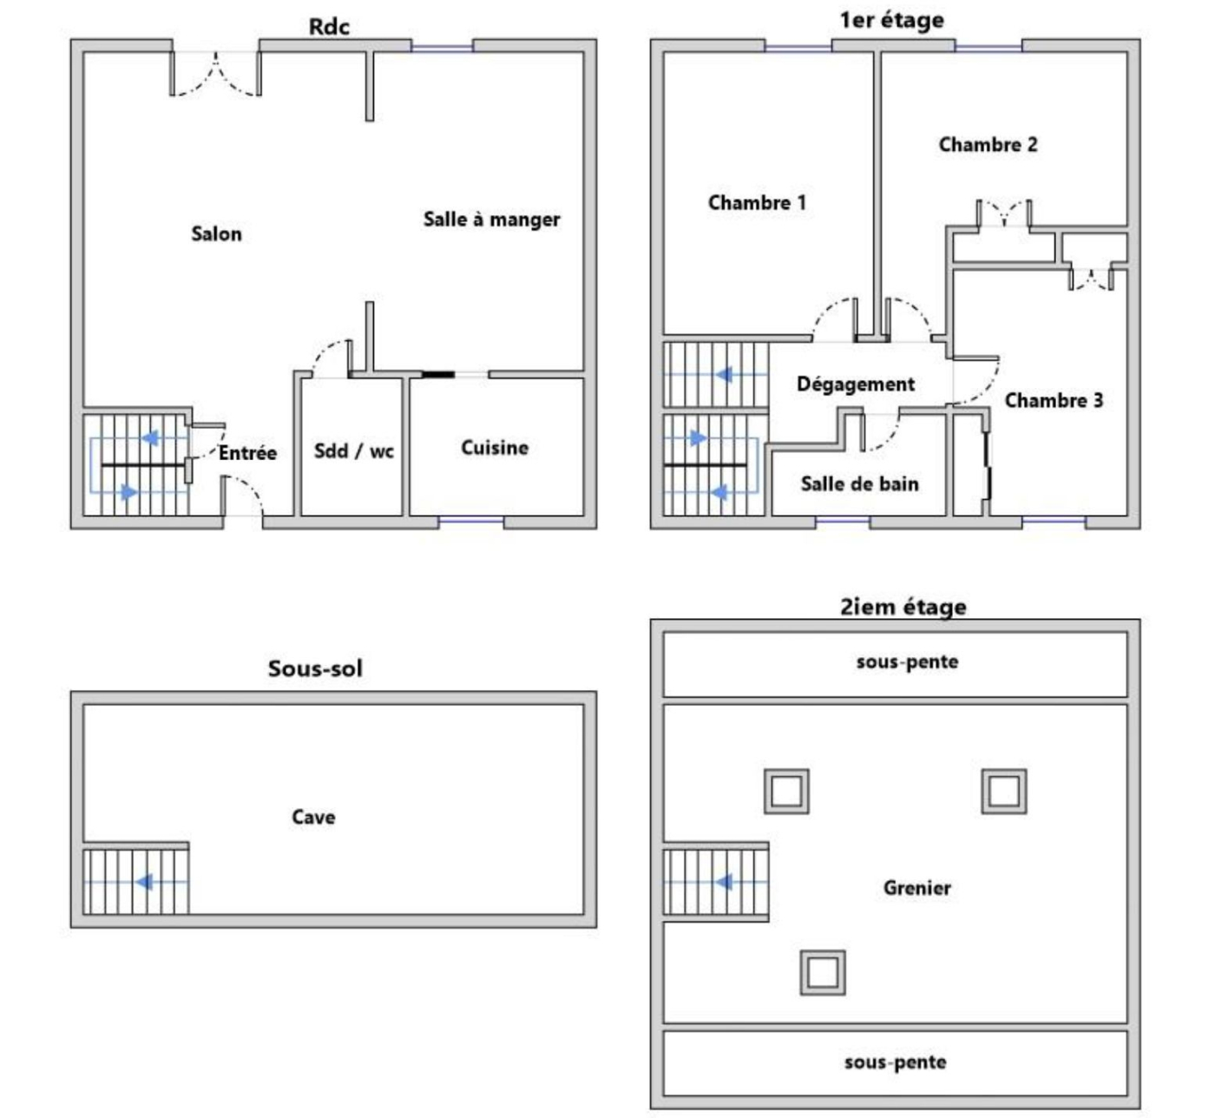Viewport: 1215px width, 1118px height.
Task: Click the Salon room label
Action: (x=216, y=233)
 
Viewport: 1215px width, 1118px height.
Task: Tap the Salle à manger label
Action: (x=491, y=220)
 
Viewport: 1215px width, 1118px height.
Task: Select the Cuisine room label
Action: (x=494, y=448)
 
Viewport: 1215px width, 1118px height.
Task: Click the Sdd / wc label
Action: (x=353, y=451)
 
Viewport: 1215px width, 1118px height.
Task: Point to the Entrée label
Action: (x=247, y=453)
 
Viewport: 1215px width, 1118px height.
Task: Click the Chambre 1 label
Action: (x=757, y=203)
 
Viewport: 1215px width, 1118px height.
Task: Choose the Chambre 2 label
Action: (x=988, y=145)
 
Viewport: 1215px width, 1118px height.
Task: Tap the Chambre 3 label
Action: (x=1054, y=401)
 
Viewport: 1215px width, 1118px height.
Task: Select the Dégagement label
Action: (x=856, y=385)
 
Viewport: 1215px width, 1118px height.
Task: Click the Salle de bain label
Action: (x=859, y=484)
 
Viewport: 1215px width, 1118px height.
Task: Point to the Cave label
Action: (x=313, y=818)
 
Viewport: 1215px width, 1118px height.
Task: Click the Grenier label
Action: (x=916, y=888)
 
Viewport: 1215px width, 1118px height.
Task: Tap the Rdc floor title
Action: (x=329, y=27)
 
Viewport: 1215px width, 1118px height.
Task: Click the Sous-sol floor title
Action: (x=315, y=669)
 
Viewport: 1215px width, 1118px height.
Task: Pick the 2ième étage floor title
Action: (x=903, y=607)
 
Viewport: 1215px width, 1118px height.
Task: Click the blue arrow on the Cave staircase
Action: (x=144, y=883)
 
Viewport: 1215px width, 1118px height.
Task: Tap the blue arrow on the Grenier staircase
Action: (x=723, y=883)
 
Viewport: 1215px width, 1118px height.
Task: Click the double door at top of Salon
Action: (x=215, y=73)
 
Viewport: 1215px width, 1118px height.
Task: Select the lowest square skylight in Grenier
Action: (x=822, y=972)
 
